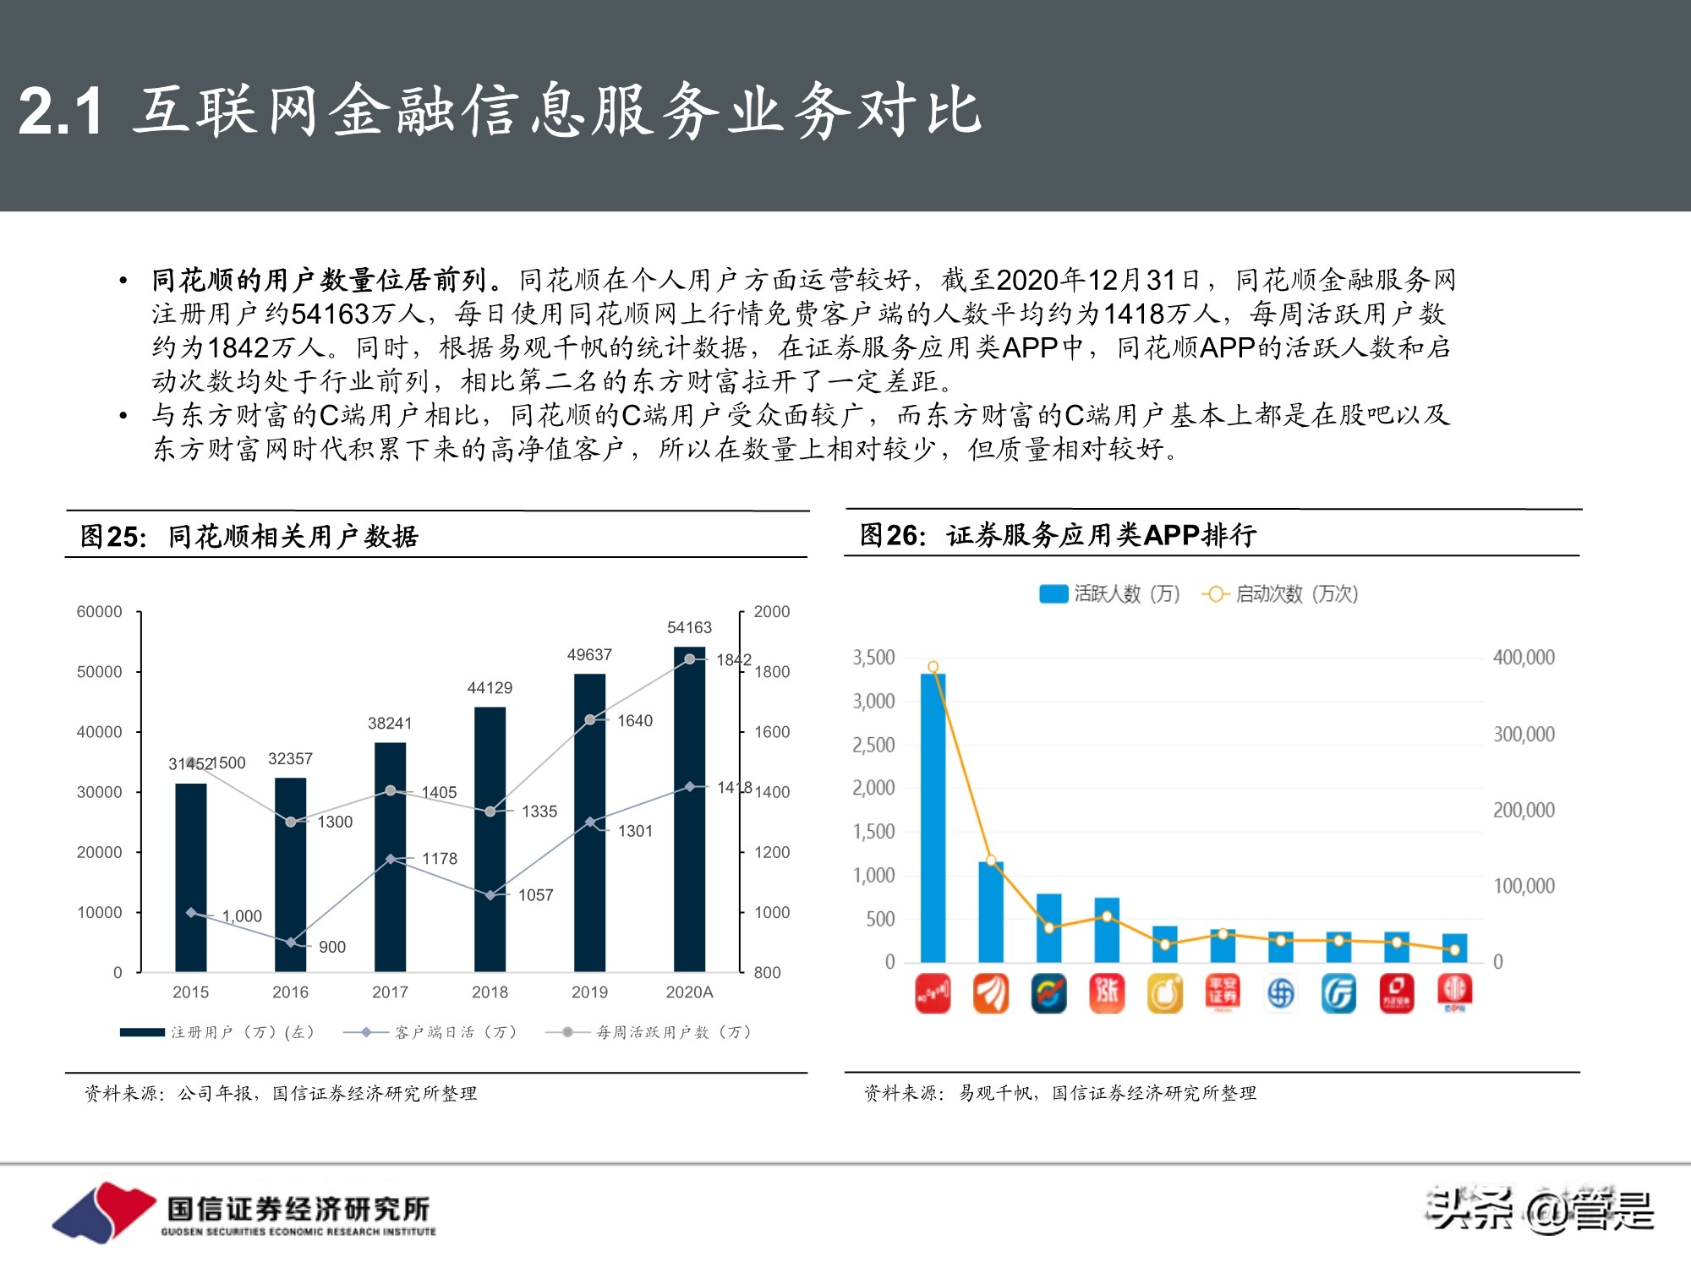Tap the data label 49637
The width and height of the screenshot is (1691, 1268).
point(589,655)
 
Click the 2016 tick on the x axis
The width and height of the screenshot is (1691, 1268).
point(290,992)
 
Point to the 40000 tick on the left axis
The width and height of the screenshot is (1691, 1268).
point(100,732)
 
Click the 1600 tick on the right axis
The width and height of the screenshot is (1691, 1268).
point(772,732)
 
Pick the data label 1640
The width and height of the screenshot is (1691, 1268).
point(635,721)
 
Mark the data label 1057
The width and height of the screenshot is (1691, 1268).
point(536,895)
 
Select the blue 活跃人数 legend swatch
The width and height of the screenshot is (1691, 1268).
point(1053,594)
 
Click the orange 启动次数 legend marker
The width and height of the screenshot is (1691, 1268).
point(1215,594)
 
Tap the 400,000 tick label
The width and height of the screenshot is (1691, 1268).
point(1524,658)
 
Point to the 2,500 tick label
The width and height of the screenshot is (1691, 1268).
point(873,745)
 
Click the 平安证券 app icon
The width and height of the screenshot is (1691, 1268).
point(1223,993)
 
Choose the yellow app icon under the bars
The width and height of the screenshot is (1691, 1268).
point(1164,993)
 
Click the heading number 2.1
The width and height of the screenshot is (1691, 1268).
point(60,111)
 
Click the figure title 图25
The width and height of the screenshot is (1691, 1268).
point(113,537)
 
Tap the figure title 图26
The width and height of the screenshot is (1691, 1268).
point(893,535)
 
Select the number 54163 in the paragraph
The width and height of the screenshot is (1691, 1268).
point(331,314)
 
